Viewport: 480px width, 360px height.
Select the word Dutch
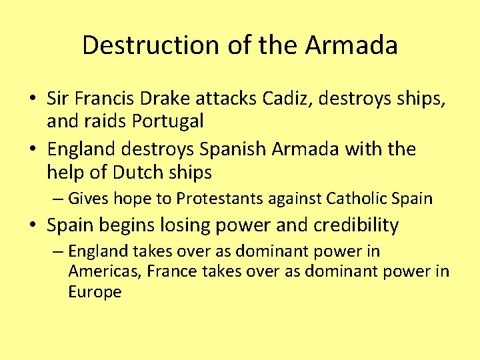137,173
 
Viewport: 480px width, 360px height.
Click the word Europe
95,292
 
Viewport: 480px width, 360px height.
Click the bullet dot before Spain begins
32,226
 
